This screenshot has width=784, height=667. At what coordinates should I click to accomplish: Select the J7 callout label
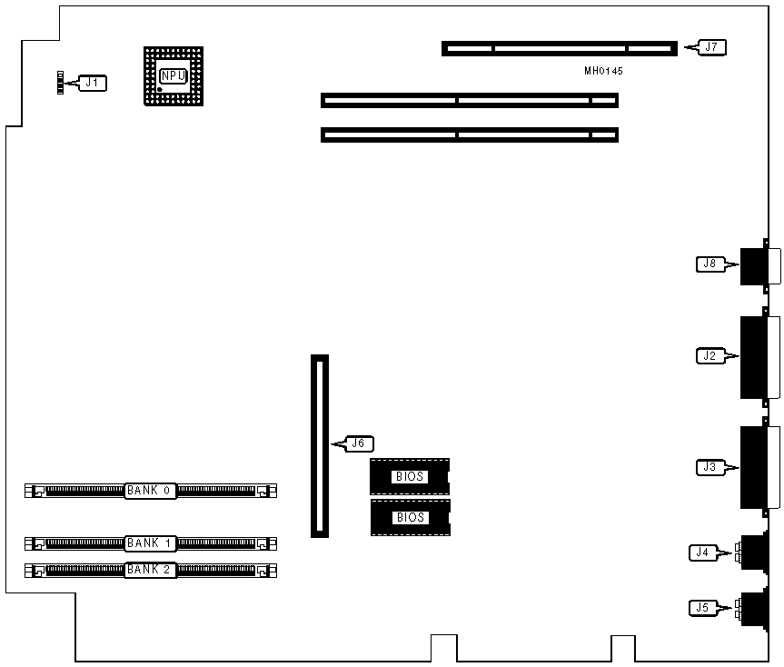tap(711, 46)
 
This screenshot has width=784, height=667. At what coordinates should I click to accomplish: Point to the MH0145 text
tap(604, 71)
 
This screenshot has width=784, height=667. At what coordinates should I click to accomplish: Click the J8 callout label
tap(710, 264)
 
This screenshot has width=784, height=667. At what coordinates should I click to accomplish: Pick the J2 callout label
tap(710, 356)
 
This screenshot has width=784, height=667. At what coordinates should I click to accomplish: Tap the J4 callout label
tap(702, 551)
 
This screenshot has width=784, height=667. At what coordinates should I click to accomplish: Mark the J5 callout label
tap(702, 607)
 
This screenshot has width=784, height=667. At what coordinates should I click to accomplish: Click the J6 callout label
tap(358, 444)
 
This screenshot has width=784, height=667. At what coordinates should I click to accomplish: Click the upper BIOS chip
tap(410, 476)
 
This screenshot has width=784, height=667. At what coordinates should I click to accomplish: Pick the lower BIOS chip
tap(410, 518)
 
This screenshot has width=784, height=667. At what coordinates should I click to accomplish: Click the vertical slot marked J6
tap(320, 445)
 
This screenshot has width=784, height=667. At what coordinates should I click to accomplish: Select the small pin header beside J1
tap(61, 84)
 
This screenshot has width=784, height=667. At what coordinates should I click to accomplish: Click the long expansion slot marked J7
tap(560, 48)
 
